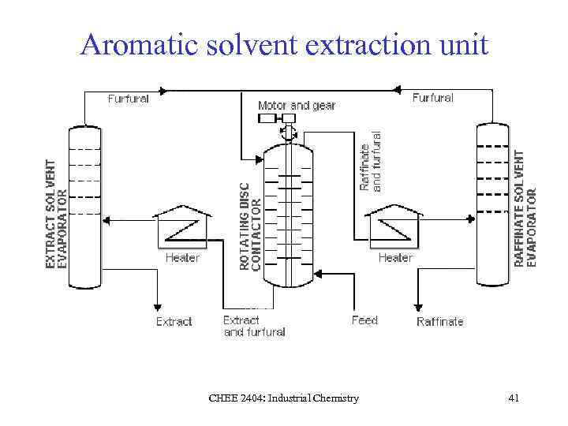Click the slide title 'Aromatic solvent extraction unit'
point(284,44)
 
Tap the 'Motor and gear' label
point(297,105)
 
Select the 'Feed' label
point(364,320)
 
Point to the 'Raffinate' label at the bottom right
point(440,322)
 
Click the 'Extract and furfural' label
point(253,326)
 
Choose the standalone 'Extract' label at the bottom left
point(174,322)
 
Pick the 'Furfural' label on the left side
point(128,99)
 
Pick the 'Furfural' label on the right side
point(432,98)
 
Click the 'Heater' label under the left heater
point(182,257)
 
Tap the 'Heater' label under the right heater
point(395,257)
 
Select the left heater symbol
point(183,226)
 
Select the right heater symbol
point(394,226)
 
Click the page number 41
point(514,398)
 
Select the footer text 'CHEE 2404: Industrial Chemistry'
point(283,398)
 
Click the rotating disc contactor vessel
point(288,217)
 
